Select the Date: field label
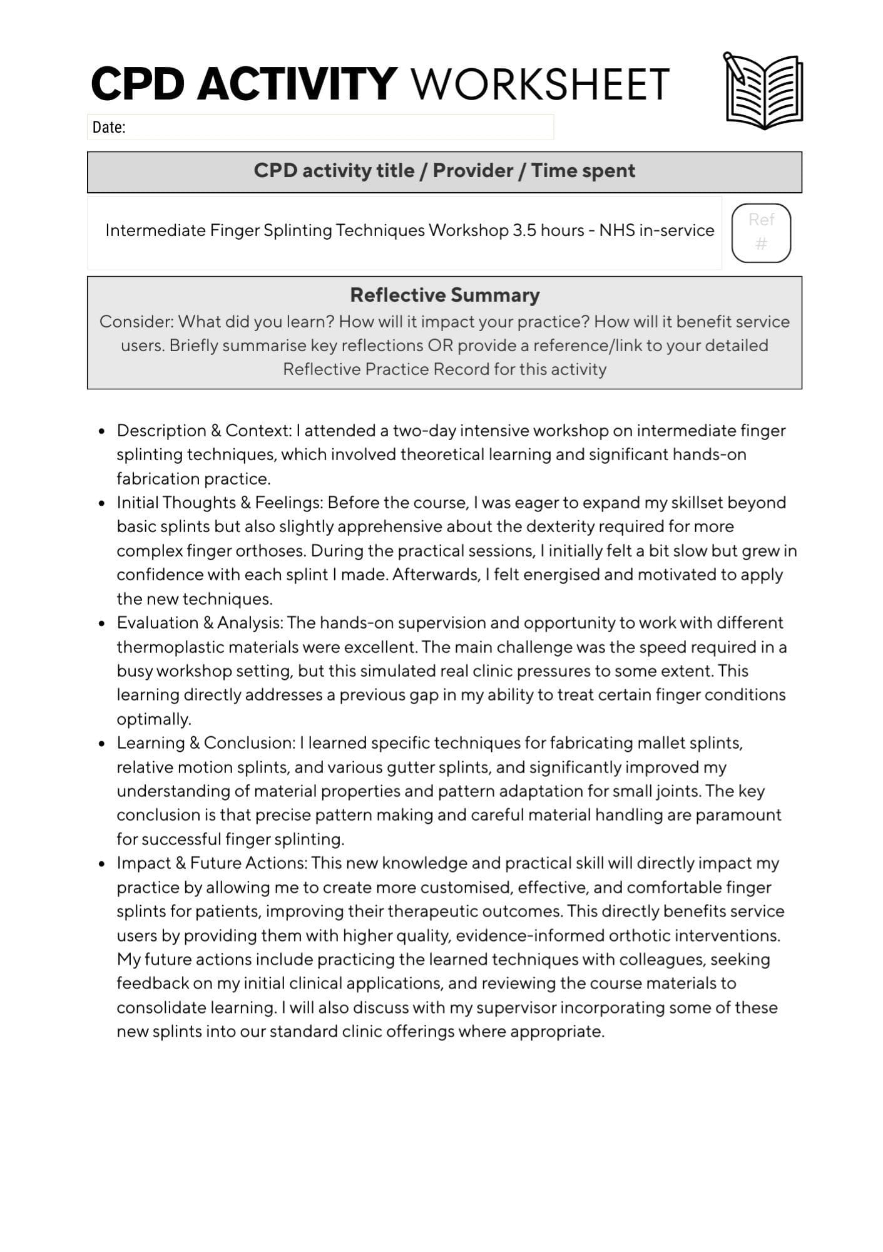coord(109,128)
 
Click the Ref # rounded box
coord(761,232)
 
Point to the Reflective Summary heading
coord(444,295)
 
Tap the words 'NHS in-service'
coord(656,230)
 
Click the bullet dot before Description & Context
coord(101,431)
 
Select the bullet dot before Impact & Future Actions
coord(101,864)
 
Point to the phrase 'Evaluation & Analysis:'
coord(200,623)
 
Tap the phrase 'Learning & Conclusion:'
coord(205,743)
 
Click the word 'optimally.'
coord(154,719)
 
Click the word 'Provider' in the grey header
coord(472,171)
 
